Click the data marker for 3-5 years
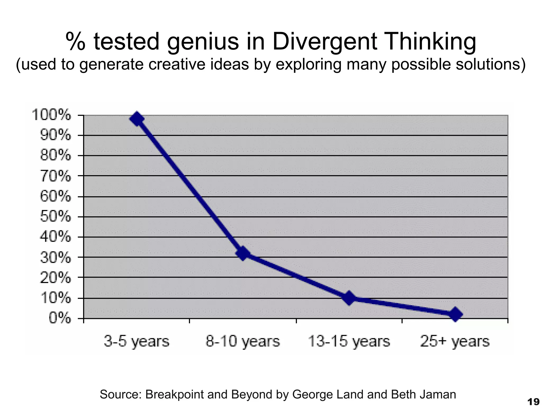[x=137, y=119]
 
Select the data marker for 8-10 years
[x=243, y=253]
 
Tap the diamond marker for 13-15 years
[x=349, y=298]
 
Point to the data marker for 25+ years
[x=455, y=314]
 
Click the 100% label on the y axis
[x=51, y=115]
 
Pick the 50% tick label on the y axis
[x=55, y=217]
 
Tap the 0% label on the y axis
[x=60, y=319]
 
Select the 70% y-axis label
[x=55, y=176]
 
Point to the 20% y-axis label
[x=55, y=278]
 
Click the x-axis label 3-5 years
[x=136, y=341]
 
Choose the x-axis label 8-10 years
[x=243, y=341]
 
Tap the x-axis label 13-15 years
[x=349, y=341]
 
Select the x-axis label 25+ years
[x=455, y=341]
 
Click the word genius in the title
[x=203, y=42]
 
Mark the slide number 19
[x=533, y=402]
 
